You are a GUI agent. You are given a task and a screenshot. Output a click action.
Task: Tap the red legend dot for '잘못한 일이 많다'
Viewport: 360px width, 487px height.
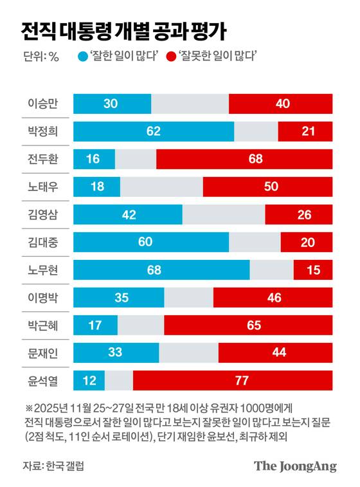click(x=171, y=57)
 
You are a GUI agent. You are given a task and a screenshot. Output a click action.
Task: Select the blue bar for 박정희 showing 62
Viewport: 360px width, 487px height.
click(x=154, y=131)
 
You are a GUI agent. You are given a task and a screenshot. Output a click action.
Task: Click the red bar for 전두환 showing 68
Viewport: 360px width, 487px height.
click(x=244, y=159)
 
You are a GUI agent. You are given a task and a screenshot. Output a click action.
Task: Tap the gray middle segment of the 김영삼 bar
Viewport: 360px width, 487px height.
click(x=224, y=214)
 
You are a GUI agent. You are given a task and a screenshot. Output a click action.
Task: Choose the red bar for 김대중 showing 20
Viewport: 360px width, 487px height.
click(x=306, y=242)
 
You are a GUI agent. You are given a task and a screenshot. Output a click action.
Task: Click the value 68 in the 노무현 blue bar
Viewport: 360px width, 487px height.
click(x=154, y=270)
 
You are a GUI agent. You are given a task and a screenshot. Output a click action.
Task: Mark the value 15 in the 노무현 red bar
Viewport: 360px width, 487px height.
click(x=313, y=270)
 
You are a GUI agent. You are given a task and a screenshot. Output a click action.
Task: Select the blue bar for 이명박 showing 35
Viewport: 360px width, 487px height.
click(x=119, y=298)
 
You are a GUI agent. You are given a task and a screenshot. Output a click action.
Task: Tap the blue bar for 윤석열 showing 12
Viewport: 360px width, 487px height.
click(x=89, y=381)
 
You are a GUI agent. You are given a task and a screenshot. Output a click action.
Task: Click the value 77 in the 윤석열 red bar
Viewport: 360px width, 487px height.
click(x=242, y=381)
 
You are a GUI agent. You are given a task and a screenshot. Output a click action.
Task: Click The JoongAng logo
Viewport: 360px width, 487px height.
click(x=295, y=466)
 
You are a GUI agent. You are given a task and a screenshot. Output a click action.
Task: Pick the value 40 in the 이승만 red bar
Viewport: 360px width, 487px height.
click(x=281, y=104)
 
